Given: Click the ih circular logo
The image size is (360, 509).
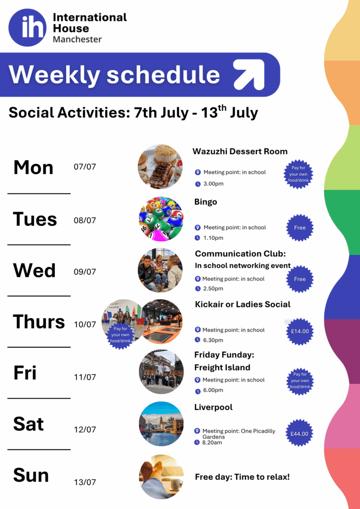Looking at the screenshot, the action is (x=28, y=28).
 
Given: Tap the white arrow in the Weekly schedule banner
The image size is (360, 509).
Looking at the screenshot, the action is (x=248, y=75).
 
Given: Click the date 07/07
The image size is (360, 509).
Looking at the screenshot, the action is (x=85, y=167).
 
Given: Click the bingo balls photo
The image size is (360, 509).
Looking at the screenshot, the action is (x=161, y=219).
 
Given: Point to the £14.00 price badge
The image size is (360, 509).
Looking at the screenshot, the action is (x=300, y=331).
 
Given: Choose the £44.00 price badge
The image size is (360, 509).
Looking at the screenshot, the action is (x=299, y=434).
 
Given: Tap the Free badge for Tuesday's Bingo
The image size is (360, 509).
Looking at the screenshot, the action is (x=300, y=228).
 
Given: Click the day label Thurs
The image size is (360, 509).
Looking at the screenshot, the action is (x=39, y=322).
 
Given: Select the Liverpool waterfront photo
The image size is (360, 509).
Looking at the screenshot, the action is (x=161, y=424).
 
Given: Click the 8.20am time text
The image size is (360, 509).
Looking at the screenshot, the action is (x=212, y=442).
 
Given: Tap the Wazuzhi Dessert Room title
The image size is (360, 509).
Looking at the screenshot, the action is (x=240, y=151).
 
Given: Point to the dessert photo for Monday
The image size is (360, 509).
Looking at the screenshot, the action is (x=160, y=167).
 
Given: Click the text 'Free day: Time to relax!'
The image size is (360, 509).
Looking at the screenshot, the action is (x=242, y=477).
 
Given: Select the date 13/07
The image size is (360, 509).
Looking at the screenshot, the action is (x=85, y=482).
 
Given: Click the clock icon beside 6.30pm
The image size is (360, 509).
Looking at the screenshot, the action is (x=197, y=340).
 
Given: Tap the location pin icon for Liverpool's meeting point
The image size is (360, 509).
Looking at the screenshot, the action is (x=197, y=431).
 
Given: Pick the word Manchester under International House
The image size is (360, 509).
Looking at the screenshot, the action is (x=77, y=39).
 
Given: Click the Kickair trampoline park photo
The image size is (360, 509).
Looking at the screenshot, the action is (x=162, y=322).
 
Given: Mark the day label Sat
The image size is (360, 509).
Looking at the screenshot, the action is (x=28, y=424).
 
